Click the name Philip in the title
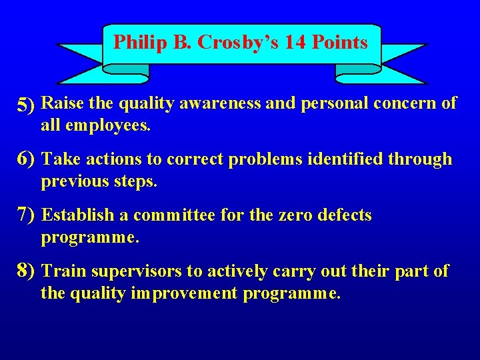tap(132, 43)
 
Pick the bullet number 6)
tap(27, 159)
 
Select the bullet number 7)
tap(27, 215)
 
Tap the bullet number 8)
tap(27, 271)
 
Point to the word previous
tap(73, 181)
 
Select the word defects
tap(341, 215)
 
